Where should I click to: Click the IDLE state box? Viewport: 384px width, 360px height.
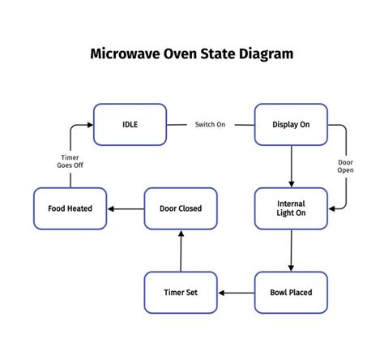(130, 124)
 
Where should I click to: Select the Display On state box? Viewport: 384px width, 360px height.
(292, 124)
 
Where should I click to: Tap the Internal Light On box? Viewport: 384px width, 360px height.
(292, 208)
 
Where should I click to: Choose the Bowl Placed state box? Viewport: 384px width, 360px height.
(292, 293)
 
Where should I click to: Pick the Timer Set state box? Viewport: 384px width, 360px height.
(181, 293)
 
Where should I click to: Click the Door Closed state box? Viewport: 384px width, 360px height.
(181, 208)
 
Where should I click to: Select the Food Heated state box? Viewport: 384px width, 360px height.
(70, 208)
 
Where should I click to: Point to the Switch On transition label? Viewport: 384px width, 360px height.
(210, 125)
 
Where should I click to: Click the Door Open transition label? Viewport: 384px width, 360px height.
(346, 166)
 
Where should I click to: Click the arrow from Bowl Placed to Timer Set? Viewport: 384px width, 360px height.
(237, 293)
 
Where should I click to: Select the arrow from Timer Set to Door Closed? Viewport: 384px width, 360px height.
(181, 251)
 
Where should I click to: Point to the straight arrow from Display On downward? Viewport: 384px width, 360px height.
(292, 166)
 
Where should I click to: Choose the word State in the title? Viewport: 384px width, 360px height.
(221, 54)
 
